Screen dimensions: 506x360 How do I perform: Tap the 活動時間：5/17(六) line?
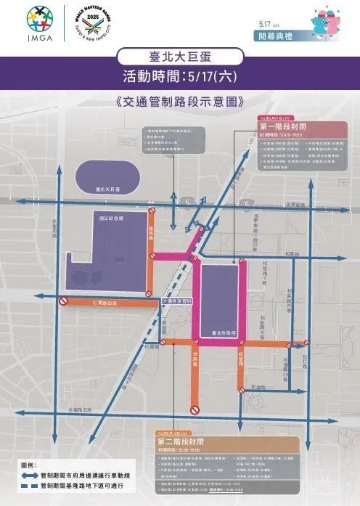click(179, 76)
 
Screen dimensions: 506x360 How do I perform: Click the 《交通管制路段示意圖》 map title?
click(179, 102)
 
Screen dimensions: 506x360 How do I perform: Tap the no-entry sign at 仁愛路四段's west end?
click(64, 301)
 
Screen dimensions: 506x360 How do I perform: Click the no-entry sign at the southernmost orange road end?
click(195, 410)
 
